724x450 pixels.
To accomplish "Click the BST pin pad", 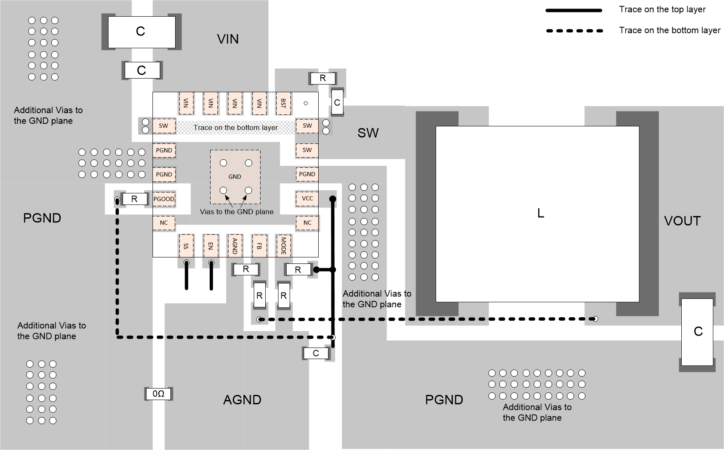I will point(283,103).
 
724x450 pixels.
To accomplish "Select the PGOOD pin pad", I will point(164,199).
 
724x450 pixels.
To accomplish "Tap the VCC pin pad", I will point(307,199).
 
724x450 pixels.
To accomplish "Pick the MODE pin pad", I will point(283,245).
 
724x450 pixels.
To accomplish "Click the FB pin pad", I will point(259,245).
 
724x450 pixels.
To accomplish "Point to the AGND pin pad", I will point(234,245).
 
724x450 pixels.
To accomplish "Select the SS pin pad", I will point(186,245).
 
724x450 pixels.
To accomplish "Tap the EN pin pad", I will point(210,245).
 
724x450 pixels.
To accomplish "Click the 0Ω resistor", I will point(158,394).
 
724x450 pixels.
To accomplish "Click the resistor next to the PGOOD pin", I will point(134,199).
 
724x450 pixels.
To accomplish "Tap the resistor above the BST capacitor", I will point(322,78).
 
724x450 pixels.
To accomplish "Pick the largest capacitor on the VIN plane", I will point(141,32).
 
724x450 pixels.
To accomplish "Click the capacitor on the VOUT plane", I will point(697,332).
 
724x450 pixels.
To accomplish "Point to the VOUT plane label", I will point(682,221).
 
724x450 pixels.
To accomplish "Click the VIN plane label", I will point(228,39).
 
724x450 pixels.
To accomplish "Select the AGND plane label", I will point(242,400).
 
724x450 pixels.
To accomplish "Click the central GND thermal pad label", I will point(234,176).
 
